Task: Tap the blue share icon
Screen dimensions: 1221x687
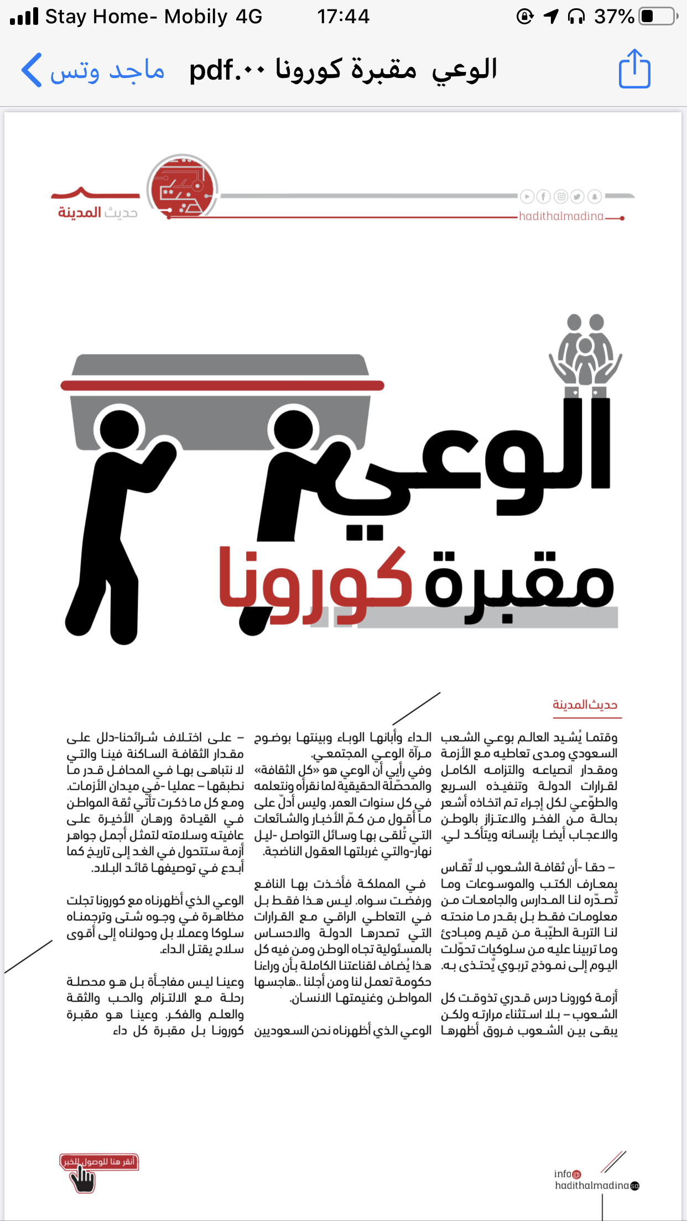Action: [634, 69]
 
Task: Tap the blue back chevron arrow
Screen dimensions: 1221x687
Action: [32, 70]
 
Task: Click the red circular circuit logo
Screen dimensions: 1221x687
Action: [182, 187]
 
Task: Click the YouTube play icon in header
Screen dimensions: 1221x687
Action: [527, 196]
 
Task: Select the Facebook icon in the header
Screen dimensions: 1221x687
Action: [544, 196]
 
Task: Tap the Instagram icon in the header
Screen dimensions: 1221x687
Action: [561, 196]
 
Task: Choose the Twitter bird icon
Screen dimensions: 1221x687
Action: [577, 196]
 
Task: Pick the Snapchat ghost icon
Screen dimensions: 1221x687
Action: [595, 196]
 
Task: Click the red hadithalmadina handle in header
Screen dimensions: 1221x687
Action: [561, 216]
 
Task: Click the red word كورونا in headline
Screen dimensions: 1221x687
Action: [315, 581]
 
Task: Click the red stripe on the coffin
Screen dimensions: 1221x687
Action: [222, 385]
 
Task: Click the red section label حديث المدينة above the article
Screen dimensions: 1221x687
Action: [585, 705]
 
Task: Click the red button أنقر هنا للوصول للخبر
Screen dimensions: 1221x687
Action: [99, 1161]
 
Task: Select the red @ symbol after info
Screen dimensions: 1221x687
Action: [577, 1174]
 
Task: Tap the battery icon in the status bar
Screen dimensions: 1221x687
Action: [658, 16]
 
